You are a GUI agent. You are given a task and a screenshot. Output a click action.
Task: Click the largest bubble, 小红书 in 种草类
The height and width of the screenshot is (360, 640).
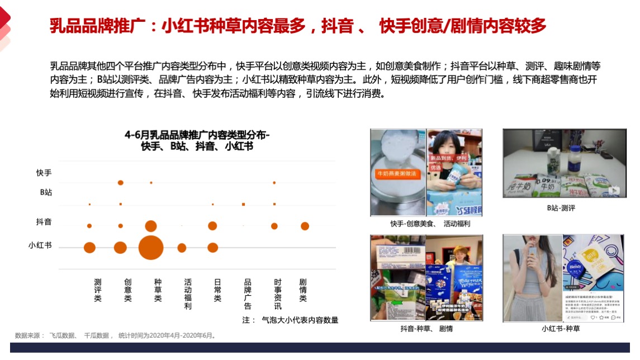tap(150, 248)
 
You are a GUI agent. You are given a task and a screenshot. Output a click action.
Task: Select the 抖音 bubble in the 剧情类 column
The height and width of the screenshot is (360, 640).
tap(305, 226)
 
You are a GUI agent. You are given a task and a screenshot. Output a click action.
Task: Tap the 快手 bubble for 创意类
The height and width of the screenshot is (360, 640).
tap(121, 183)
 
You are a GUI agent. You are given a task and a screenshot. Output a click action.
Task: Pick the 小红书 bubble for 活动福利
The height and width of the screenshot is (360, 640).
tap(182, 248)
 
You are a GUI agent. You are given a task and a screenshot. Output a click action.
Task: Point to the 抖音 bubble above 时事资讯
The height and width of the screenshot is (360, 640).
tap(274, 226)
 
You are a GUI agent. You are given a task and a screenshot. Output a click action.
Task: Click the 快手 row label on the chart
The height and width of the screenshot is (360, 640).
tap(44, 173)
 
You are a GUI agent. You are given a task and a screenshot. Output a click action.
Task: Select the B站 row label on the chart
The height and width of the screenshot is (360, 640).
tap(45, 192)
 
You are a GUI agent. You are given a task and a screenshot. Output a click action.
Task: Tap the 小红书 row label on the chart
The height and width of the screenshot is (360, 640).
tap(40, 244)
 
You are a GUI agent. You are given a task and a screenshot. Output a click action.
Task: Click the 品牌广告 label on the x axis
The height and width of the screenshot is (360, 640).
tap(248, 294)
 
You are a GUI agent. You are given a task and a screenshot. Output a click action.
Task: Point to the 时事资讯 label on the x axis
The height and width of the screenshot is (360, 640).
tap(278, 294)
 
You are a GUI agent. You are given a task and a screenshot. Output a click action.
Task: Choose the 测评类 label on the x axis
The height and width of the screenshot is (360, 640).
tap(98, 290)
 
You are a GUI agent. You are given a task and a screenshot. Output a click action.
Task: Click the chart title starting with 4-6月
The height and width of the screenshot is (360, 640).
tap(197, 140)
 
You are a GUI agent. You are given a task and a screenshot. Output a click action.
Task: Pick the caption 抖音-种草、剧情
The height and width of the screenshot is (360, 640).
tap(426, 329)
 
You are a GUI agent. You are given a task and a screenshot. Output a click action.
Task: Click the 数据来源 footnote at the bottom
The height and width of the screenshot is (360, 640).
tap(115, 335)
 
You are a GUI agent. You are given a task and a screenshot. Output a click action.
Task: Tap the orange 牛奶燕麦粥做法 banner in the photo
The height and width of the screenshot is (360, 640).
tap(396, 174)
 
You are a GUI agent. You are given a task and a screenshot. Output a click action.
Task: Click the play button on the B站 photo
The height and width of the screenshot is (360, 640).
tap(614, 190)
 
